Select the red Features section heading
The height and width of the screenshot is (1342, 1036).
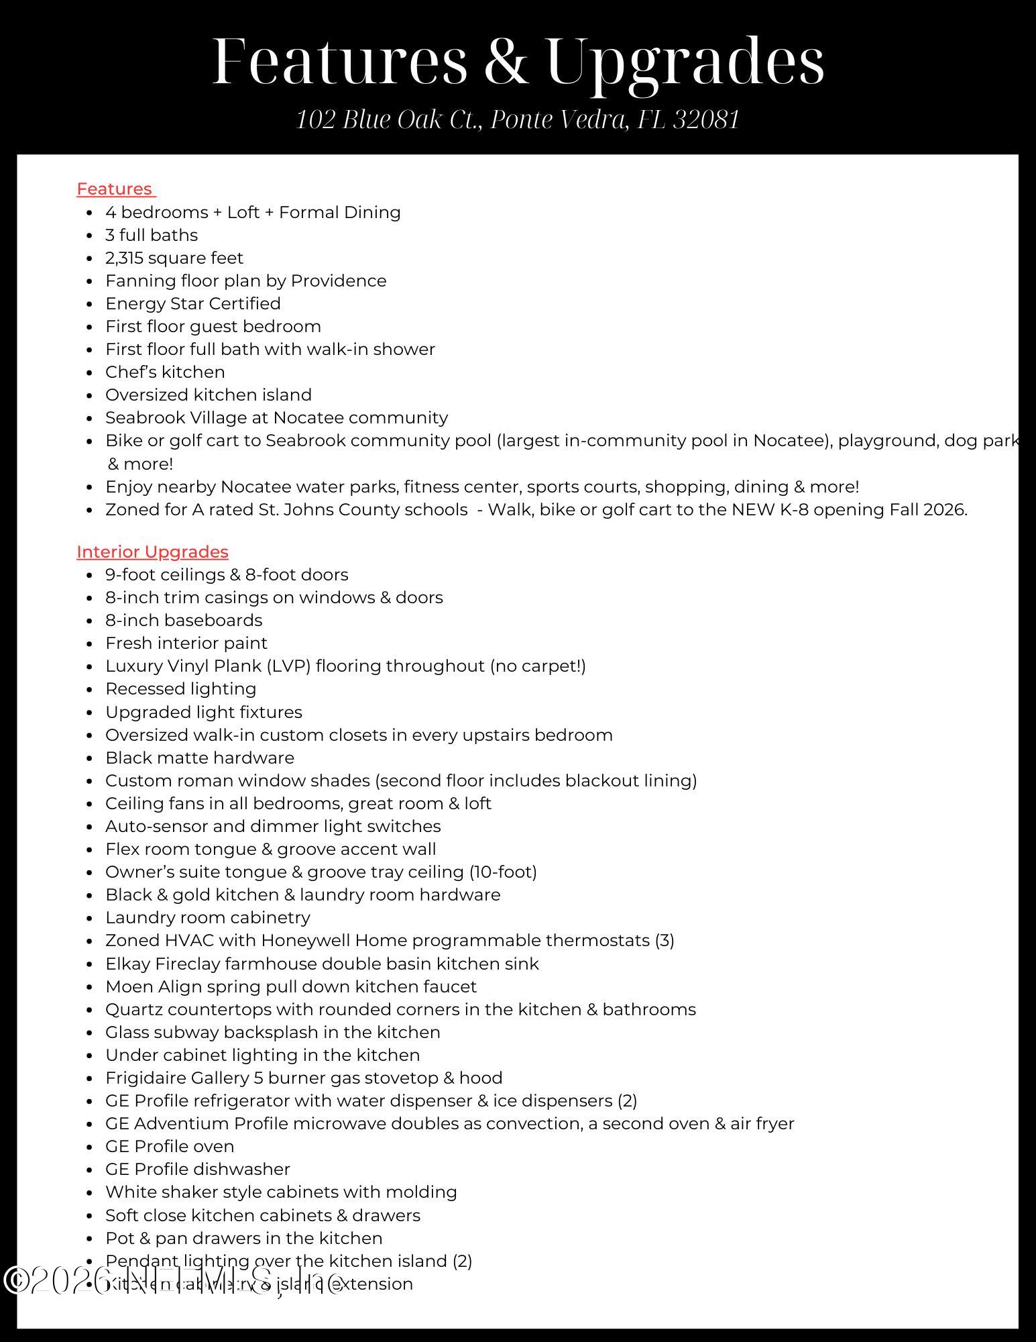pyautogui.click(x=115, y=189)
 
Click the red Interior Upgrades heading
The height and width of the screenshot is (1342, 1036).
pyautogui.click(x=152, y=552)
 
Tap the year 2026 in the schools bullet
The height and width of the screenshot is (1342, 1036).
pyautogui.click(x=943, y=510)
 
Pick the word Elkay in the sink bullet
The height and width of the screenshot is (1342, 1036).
pyautogui.click(x=127, y=964)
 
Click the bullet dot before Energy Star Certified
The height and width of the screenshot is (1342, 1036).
pyautogui.click(x=89, y=305)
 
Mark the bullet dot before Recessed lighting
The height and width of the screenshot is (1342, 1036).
pyautogui.click(x=89, y=690)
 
